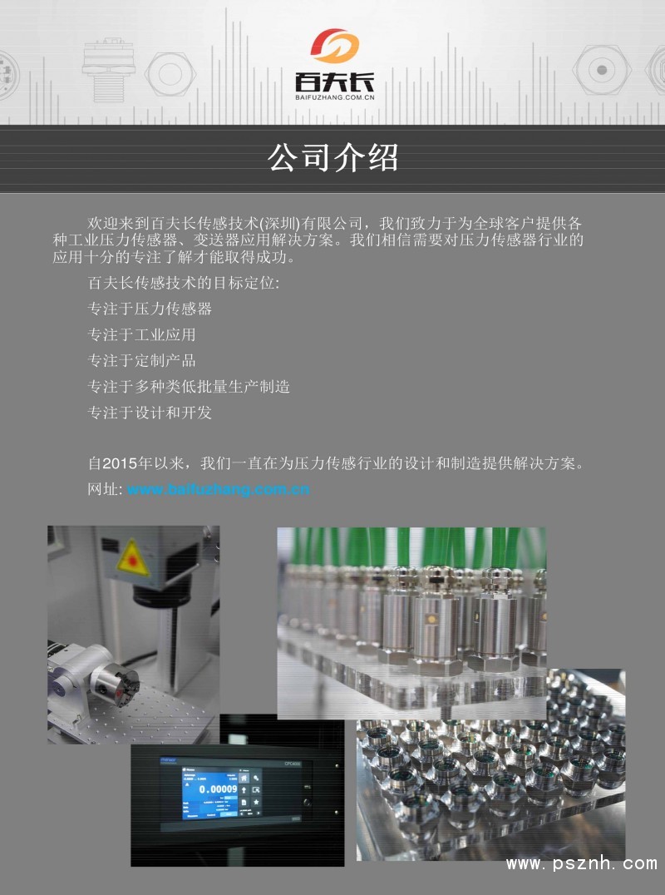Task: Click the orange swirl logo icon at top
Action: click(335, 47)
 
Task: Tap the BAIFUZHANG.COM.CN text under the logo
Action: click(335, 97)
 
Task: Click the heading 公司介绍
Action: click(333, 157)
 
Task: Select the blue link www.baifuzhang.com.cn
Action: click(219, 489)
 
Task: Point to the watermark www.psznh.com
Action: click(582, 863)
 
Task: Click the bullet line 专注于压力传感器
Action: click(150, 309)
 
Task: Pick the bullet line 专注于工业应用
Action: click(141, 334)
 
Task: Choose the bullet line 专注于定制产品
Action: click(141, 361)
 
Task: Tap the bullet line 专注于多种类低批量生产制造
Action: click(188, 387)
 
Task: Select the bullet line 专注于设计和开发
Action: click(150, 413)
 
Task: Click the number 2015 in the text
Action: click(120, 463)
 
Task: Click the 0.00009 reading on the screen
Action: click(218, 789)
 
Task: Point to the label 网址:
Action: click(105, 489)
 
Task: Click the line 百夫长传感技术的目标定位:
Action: click(184, 283)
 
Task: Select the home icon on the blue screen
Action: click(244, 778)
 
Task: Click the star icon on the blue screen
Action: click(256, 803)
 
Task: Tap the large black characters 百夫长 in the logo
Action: click(335, 82)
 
